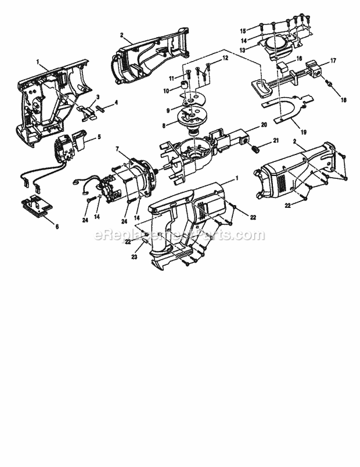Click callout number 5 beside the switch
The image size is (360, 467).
99,137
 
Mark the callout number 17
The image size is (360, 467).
333,60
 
